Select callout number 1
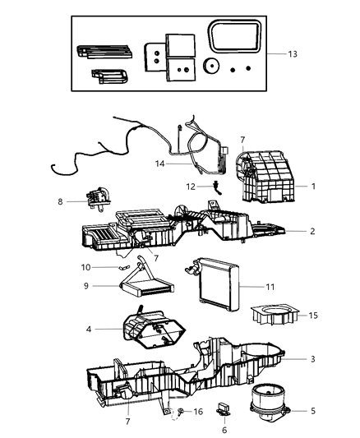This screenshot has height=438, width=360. point(313,186)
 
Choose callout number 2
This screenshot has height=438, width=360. point(313,232)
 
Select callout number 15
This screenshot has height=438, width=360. point(313,316)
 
